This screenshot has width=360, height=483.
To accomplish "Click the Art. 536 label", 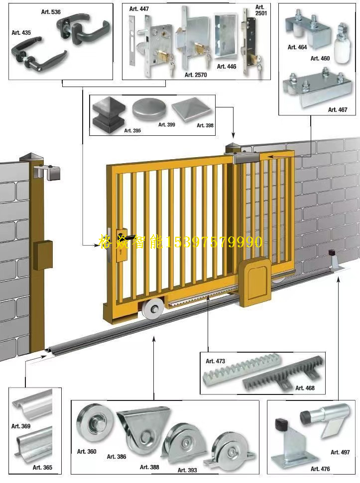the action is coord(51,12).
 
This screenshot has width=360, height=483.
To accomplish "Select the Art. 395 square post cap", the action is coord(109,114).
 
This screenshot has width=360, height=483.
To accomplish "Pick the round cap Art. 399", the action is coord(149,109).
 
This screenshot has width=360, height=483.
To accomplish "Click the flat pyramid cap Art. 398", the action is coord(192,109).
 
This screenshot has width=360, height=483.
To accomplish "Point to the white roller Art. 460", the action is coord(343,43).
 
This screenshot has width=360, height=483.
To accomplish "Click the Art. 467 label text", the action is coord(338,109).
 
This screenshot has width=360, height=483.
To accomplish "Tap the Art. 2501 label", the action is coord(261,10).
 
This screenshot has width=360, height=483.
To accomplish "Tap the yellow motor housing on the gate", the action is coord(255,282).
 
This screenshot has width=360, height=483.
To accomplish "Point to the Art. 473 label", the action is coord(216,361).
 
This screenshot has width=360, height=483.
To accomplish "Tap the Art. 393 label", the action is coord(187,470).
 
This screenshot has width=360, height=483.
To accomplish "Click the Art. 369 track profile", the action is coord(32,403).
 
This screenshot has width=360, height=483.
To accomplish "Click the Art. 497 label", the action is coord(340,452).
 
